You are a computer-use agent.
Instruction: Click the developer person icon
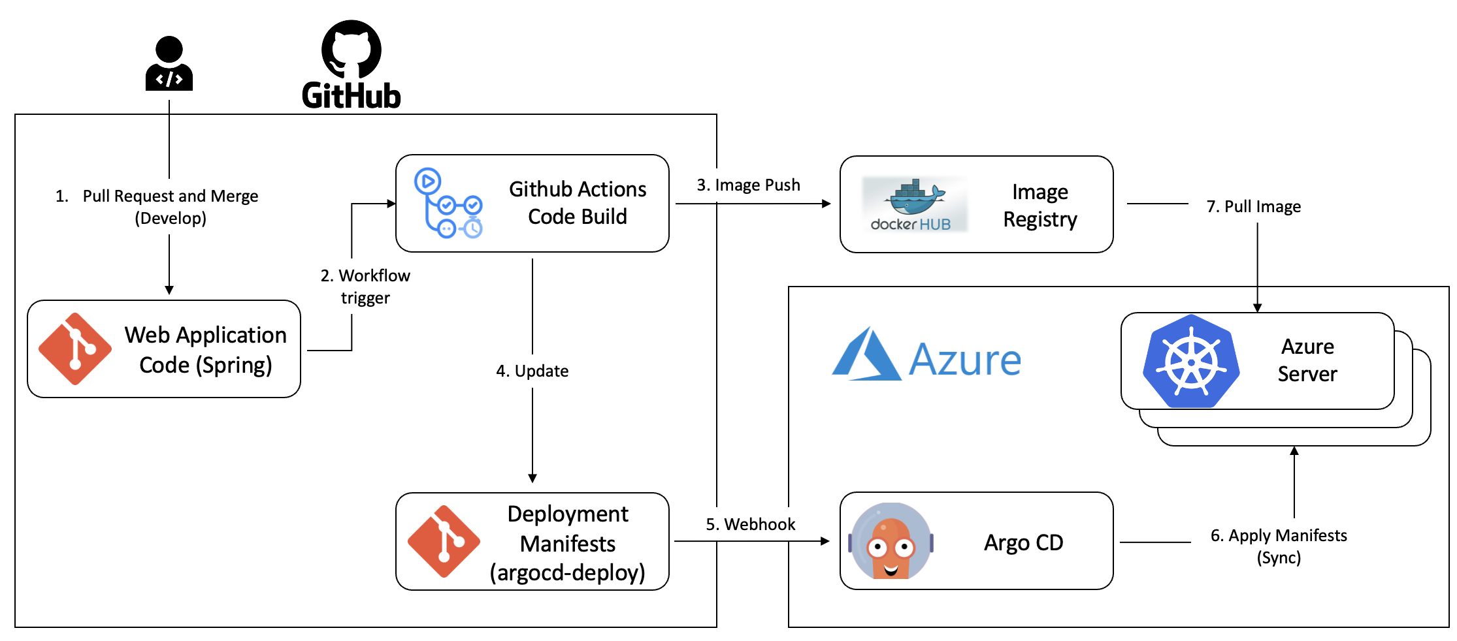click(169, 64)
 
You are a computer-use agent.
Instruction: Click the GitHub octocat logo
click(352, 50)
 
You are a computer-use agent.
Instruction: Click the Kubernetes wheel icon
click(1191, 362)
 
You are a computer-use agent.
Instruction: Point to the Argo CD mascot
click(891, 541)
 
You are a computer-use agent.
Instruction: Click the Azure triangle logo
click(866, 356)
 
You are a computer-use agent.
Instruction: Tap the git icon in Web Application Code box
click(75, 349)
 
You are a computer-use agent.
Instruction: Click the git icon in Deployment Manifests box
click(444, 541)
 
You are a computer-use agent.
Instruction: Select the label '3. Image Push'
click(748, 185)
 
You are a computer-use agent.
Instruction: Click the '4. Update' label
click(532, 371)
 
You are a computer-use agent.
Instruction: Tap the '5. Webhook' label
click(750, 524)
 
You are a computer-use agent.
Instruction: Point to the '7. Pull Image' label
click(1253, 206)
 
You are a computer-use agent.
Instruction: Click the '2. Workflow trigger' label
click(365, 287)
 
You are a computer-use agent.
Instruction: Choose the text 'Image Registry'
click(1040, 206)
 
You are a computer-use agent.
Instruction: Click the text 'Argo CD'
click(1023, 542)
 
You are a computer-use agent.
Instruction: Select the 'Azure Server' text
click(1307, 360)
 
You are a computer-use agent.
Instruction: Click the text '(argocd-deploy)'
click(567, 572)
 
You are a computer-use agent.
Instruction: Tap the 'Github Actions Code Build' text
click(578, 203)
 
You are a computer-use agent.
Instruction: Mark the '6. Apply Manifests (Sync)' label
click(1279, 546)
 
